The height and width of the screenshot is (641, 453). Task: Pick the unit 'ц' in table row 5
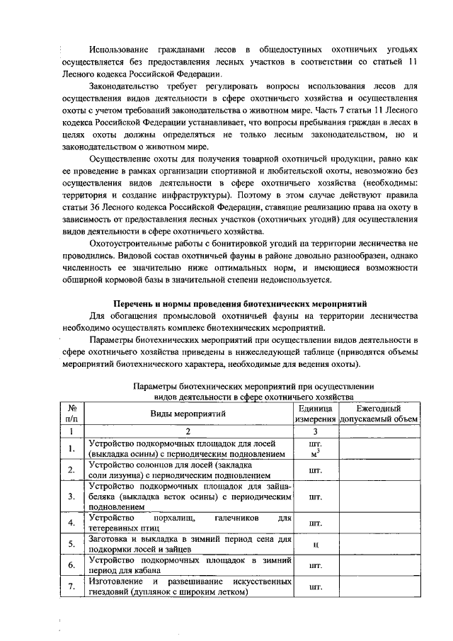point(314,544)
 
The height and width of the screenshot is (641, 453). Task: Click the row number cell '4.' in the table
point(71,523)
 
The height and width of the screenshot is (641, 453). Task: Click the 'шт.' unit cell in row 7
point(314,586)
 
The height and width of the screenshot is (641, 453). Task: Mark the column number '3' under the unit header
point(314,431)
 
